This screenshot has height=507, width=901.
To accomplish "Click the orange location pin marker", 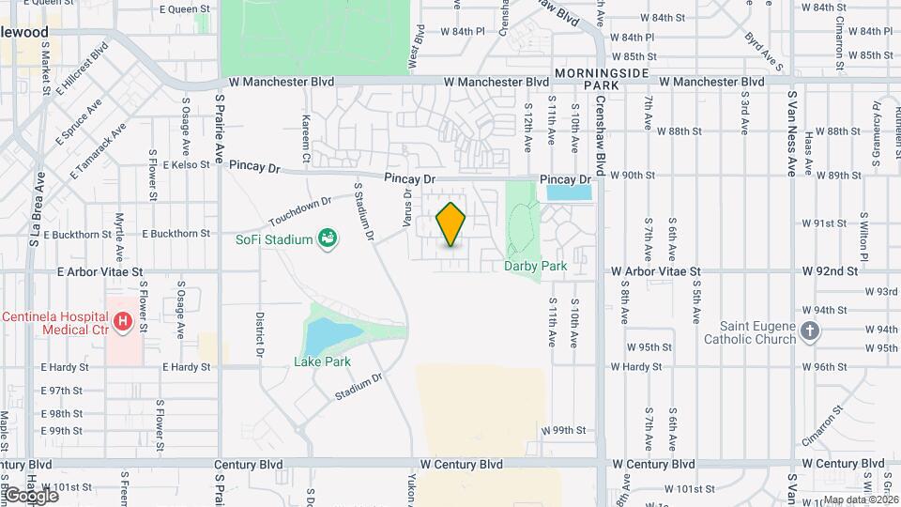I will click(451, 224).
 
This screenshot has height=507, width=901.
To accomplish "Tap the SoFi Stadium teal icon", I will click(328, 239).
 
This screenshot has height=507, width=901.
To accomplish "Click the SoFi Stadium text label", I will click(273, 240).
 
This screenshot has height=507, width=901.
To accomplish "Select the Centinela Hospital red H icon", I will click(121, 323).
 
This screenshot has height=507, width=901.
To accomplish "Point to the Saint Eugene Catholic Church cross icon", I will click(811, 330).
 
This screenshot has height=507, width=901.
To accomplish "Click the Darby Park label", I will click(535, 266).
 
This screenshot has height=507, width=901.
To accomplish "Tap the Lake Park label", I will click(320, 361).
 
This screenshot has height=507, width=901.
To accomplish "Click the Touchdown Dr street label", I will click(300, 210).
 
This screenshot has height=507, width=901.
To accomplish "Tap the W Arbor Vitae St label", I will click(656, 270).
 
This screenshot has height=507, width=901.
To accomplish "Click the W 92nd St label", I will click(831, 270).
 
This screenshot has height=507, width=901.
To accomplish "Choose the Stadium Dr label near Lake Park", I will click(360, 388).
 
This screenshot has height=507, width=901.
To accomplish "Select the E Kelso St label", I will click(184, 165).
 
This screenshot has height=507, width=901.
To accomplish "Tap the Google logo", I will click(30, 495).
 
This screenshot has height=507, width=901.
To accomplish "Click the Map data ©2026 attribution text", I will click(859, 499).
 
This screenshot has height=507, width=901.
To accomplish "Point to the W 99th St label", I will click(564, 430).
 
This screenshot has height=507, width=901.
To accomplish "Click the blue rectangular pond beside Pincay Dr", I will click(569, 192).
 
